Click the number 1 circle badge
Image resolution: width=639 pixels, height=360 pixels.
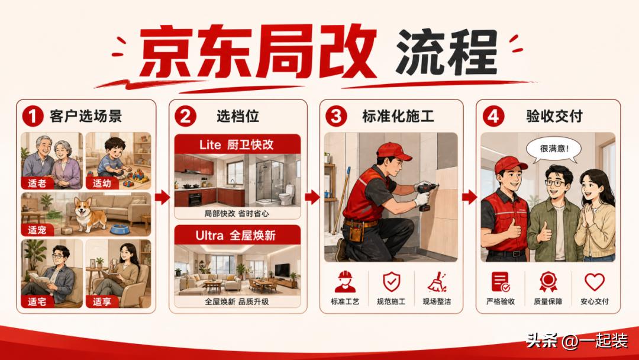click(33, 116)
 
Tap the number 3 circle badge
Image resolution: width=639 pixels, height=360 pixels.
click(336, 116)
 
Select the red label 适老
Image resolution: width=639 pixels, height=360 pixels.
click(37, 183)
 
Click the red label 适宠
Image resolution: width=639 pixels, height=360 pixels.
click(37, 230)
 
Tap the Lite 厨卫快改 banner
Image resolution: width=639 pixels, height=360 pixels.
click(238, 144)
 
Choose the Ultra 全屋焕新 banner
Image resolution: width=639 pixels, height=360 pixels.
click(238, 235)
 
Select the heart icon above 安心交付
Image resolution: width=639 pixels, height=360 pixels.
click(595, 282)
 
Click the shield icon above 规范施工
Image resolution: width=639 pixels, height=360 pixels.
click(391, 282)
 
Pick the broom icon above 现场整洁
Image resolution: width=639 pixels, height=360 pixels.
click(437, 282)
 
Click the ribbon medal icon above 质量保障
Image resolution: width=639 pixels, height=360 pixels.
click(548, 282)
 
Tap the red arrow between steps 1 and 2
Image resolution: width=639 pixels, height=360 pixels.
click(162, 197)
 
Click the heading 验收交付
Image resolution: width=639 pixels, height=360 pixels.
click(554, 116)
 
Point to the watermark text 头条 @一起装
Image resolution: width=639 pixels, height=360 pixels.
click(576, 340)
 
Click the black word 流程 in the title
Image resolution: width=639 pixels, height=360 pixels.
click(446, 52)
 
